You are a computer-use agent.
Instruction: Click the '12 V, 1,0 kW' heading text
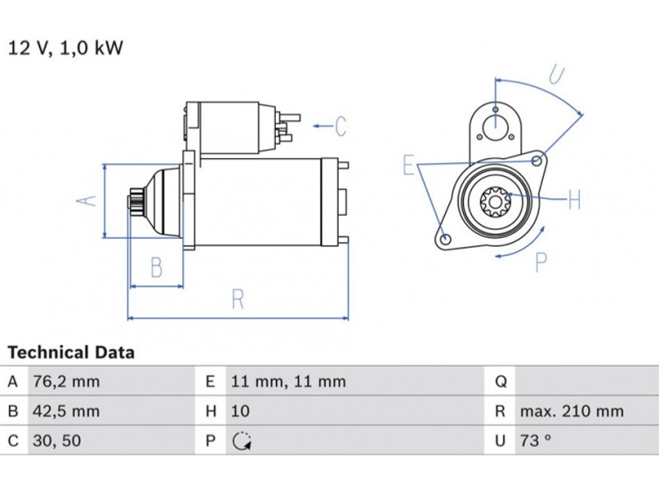coord(65,48)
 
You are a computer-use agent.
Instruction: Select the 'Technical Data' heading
coord(71,352)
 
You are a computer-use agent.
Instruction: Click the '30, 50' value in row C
coord(56,440)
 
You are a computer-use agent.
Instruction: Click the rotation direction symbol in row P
coord(241,441)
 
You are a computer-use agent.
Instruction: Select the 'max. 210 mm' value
coord(571,411)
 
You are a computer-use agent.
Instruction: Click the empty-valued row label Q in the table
coord(499,382)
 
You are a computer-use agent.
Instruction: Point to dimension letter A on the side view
coord(91,199)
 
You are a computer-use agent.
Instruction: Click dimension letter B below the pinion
coord(156,267)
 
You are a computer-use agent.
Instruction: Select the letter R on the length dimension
coord(237,299)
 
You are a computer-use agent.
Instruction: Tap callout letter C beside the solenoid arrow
coord(341,127)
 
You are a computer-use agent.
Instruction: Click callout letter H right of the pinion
coord(574,199)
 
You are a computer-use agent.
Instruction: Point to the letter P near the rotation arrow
coord(541,263)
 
